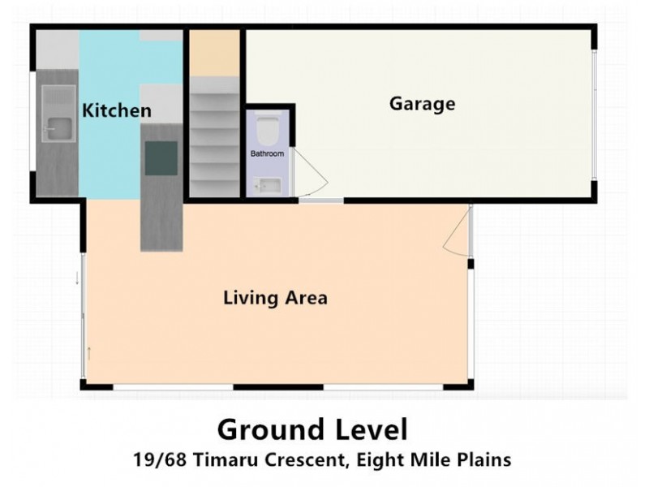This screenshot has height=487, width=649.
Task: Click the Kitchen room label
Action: click(118, 110)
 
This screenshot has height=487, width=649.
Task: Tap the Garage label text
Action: click(422, 104)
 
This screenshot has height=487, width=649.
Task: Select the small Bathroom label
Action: click(267, 153)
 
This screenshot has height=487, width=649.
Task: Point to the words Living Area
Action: click(275, 298)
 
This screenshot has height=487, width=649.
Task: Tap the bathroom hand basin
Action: click(267, 186)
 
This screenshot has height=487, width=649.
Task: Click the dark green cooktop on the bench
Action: click(161, 157)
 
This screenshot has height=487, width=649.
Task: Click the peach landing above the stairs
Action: click(215, 53)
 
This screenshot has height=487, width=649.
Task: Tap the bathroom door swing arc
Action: click(307, 175)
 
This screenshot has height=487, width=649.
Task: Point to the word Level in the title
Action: click(366, 429)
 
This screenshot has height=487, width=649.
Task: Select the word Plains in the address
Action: click(484, 459)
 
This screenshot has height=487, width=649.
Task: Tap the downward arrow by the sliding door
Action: click(77, 278)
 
